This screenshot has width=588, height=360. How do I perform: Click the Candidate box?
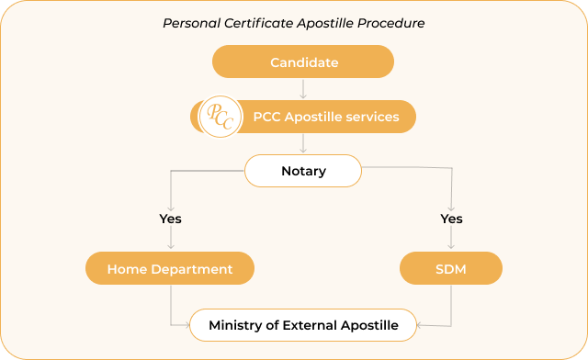point(303,62)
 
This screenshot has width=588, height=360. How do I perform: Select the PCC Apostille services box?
point(326,118)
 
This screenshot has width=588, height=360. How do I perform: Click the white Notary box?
point(303,171)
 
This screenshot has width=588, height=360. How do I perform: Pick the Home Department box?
point(170,269)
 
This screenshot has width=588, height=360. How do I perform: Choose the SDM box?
point(452,269)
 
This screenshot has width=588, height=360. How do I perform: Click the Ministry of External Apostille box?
point(303,325)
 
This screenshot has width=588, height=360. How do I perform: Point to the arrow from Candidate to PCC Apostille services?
point(303,89)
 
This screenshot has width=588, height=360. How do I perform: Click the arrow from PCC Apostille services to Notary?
point(303,143)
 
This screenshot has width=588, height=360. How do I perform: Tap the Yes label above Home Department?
point(170,219)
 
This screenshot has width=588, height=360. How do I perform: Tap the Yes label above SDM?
point(452,219)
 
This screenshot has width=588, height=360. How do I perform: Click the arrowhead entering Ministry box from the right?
point(420,325)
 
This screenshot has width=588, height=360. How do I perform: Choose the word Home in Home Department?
point(125,269)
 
